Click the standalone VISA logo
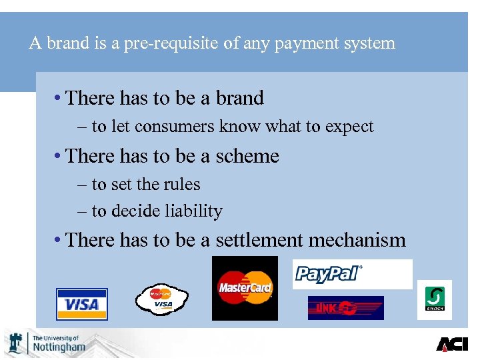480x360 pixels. [x=81, y=305]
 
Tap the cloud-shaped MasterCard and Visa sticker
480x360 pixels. [x=163, y=299]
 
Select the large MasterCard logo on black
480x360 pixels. [x=245, y=288]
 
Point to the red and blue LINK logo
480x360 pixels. [x=345, y=308]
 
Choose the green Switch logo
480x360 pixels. [x=435, y=299]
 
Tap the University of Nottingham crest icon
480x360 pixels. [x=16, y=343]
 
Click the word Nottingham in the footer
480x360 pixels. [x=59, y=347]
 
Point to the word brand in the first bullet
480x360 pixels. [x=239, y=98]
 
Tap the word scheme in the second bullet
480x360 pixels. [x=247, y=156]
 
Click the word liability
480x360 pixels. [x=193, y=211]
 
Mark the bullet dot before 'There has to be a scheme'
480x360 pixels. [x=59, y=156]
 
